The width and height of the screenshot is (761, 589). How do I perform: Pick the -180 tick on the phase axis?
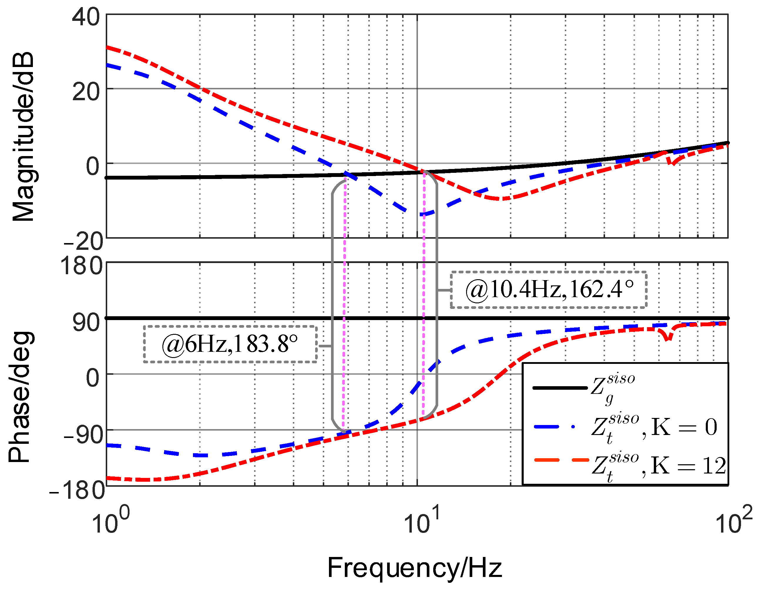pyautogui.click(x=77, y=490)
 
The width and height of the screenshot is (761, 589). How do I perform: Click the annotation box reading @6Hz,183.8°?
pyautogui.click(x=230, y=344)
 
